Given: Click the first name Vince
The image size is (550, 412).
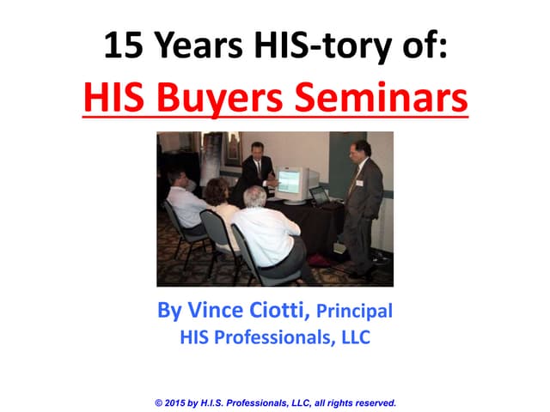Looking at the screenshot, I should (206, 310).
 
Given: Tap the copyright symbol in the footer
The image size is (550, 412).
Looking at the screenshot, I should (159, 402).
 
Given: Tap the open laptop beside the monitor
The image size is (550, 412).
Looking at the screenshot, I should (319, 197).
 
